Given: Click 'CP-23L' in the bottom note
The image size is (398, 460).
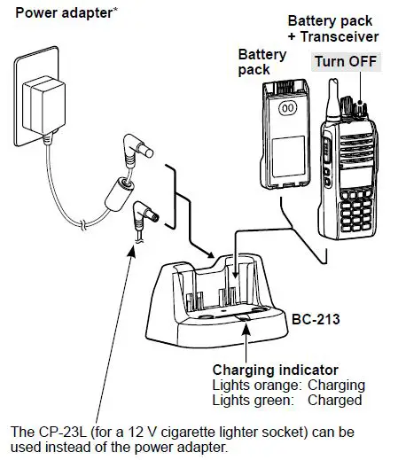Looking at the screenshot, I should coord(58,432).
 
